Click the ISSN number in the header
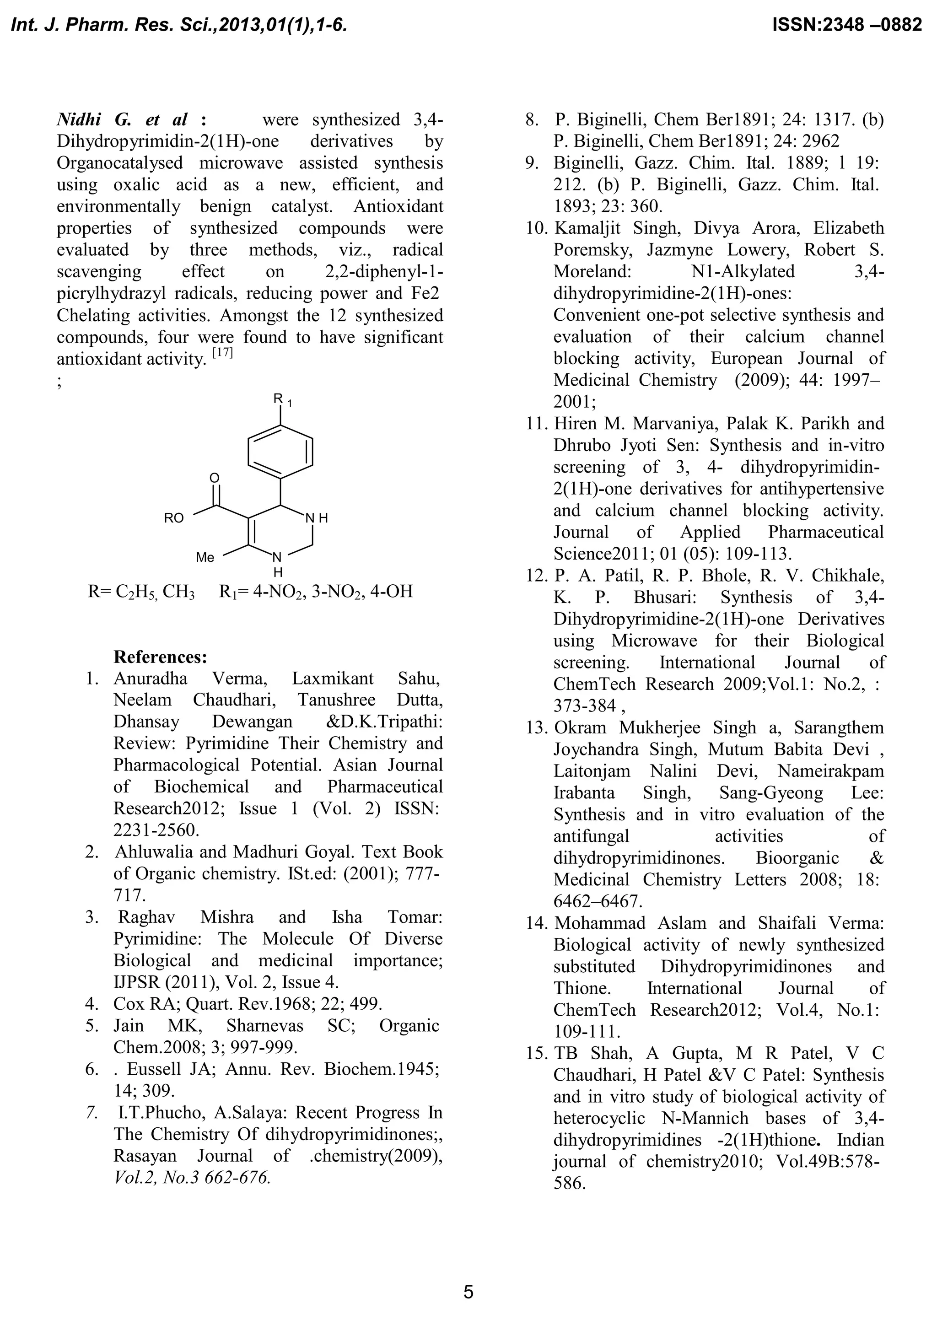coord(846,25)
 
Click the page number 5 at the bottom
coord(468,1292)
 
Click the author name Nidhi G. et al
coord(122,119)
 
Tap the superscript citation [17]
coord(223,353)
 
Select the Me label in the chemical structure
coord(205,557)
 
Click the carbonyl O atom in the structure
coord(215,478)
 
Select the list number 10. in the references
coord(537,228)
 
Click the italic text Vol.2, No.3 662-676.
coord(192,1177)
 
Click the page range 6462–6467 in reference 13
coord(598,901)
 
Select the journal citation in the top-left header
coord(179,25)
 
